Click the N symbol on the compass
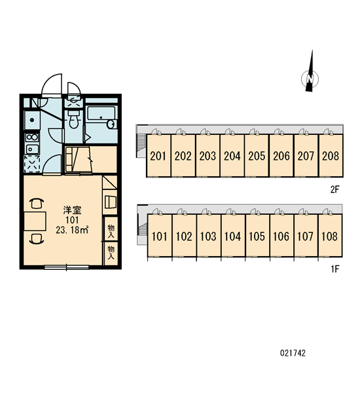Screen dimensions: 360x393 [x=310, y=79]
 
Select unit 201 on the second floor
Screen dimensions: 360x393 [x=158, y=156]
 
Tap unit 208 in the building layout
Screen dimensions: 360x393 [x=331, y=156]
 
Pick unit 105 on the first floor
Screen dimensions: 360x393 [x=257, y=236]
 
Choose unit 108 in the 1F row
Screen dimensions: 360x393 [x=330, y=236]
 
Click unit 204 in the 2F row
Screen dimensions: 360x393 [x=232, y=156]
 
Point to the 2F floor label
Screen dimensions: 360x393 [x=334, y=189]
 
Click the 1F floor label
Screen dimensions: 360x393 [x=335, y=269]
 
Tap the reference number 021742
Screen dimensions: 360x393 [x=293, y=353]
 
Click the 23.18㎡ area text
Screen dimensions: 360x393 [x=72, y=230]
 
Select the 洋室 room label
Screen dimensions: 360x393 [x=73, y=210]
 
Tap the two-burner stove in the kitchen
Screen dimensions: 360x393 [x=32, y=137]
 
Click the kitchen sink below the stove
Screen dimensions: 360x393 [x=32, y=149]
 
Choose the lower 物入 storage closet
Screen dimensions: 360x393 [x=111, y=253]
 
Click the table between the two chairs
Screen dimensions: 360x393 [x=35, y=221]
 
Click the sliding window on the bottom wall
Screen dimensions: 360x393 [x=67, y=267]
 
